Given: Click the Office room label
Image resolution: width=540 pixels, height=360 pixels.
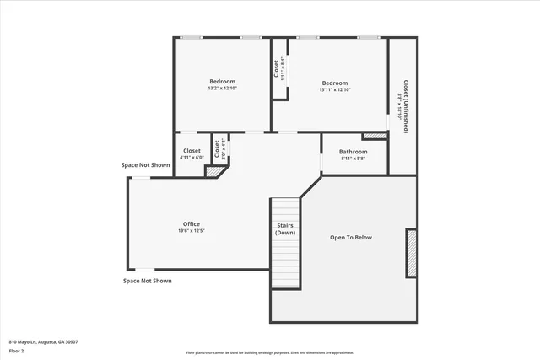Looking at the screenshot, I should (x=191, y=223).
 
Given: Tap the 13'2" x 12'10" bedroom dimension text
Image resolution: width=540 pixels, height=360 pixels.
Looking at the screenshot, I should (x=222, y=89).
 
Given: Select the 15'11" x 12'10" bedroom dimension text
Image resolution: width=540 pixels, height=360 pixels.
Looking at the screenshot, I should (x=335, y=89).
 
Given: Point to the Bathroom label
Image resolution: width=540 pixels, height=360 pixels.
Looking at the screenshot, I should (x=354, y=152).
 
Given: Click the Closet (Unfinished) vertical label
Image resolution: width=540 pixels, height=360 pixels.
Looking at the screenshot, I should (x=406, y=107).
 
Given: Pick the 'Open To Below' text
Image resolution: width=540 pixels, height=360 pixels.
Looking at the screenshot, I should (x=350, y=238).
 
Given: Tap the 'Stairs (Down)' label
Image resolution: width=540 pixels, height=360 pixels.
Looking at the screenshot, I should (x=285, y=228).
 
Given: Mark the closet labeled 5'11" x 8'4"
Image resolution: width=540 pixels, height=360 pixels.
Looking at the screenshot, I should (x=277, y=69).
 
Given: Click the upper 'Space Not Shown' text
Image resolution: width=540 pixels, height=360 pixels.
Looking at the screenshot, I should (x=145, y=165).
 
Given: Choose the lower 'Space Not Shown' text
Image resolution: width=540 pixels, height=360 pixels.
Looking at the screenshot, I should (x=147, y=281).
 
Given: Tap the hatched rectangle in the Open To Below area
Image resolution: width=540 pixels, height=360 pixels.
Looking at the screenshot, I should (x=412, y=253).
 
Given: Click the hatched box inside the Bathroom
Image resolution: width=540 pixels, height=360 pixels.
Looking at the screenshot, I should (x=373, y=136).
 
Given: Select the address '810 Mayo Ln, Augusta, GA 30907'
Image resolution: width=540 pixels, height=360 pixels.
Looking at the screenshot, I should (x=43, y=341).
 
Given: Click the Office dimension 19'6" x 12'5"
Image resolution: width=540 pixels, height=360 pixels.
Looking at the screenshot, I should (x=191, y=230).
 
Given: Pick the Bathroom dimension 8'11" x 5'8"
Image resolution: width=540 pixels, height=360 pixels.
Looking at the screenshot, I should (x=354, y=159).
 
